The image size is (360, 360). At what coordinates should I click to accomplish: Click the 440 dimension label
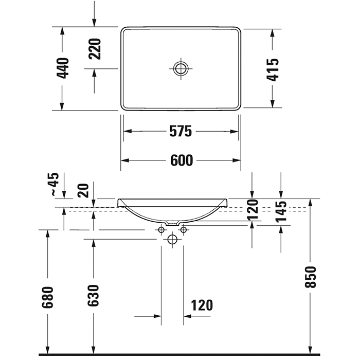pos(63,68)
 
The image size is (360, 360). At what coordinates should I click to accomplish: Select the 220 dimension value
pos(94,49)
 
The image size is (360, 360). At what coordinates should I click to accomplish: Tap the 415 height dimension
pos(273,68)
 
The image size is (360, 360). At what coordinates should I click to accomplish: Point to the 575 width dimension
pos(181,132)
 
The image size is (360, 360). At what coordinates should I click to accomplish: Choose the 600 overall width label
pos(181,160)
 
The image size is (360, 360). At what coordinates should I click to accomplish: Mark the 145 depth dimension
pos(281,211)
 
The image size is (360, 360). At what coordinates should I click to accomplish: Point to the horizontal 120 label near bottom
pos(202,305)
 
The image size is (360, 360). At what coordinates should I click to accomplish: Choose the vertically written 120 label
pos(251,210)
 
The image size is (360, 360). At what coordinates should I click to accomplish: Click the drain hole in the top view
pos(181,68)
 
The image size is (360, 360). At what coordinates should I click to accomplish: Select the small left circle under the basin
pos(161,229)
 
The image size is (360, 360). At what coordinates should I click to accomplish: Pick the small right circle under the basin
pos(182,229)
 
